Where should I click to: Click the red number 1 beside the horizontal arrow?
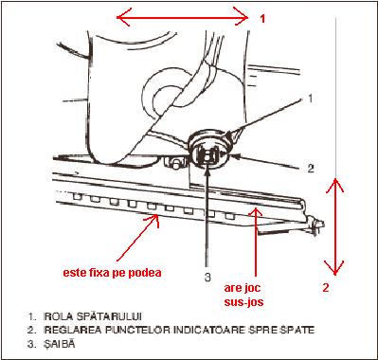(x=262, y=19)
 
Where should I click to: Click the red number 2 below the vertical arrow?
(x=326, y=288)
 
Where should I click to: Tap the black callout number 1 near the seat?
(x=310, y=99)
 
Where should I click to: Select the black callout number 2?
(x=311, y=169)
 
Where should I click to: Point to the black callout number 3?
(x=207, y=278)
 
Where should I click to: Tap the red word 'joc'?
(x=252, y=288)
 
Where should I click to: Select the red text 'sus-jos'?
(x=243, y=302)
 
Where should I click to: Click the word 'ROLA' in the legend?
(x=56, y=316)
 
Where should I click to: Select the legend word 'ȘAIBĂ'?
(x=60, y=344)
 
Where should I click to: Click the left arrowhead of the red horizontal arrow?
(x=117, y=17)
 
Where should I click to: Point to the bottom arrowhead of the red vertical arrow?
(x=334, y=274)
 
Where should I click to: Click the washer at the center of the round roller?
(x=207, y=155)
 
